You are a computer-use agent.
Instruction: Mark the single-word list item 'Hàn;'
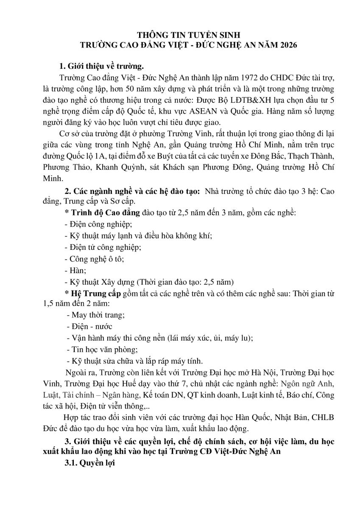point(75,270)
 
